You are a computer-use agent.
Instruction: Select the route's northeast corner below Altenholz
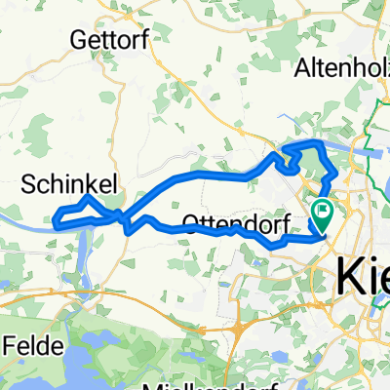point(322,144)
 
